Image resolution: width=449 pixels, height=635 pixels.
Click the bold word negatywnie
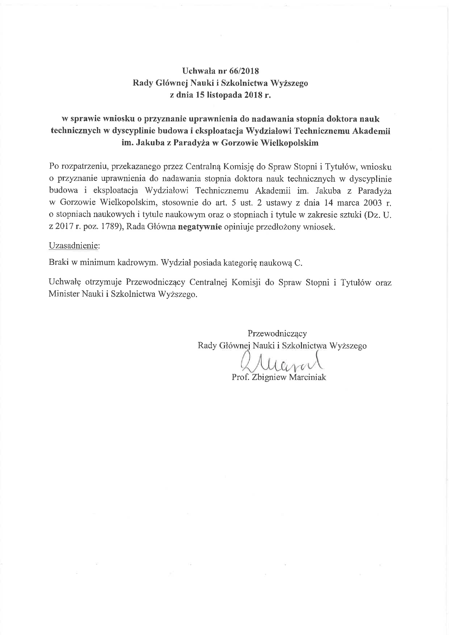pos(200,227)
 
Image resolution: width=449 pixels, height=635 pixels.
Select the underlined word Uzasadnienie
pos(73,245)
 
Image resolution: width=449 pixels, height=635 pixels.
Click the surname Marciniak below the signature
pos(307,377)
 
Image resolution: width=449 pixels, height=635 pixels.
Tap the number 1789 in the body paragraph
pos(112,227)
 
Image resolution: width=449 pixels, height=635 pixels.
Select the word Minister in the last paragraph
pos(64,294)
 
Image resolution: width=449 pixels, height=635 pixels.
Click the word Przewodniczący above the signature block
pos(277,334)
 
